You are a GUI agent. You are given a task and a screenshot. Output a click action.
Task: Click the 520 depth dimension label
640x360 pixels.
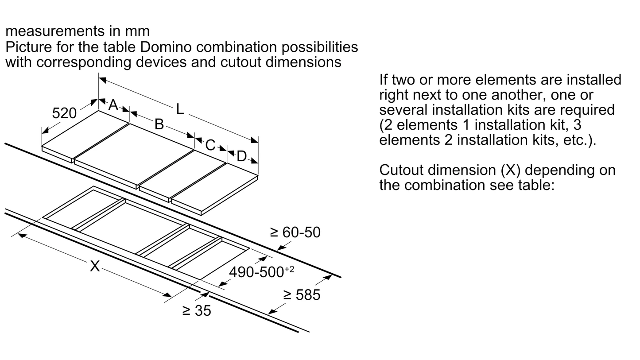coord(64,113)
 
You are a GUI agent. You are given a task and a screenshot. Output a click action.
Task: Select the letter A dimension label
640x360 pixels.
coord(113,105)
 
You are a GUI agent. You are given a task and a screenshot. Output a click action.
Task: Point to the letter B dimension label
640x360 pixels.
coord(159,124)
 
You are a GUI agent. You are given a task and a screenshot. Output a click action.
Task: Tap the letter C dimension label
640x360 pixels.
coord(210,145)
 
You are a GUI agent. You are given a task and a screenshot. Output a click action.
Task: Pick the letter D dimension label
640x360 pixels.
coord(241,156)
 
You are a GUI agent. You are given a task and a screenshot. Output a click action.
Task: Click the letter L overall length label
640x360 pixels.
coord(179,109)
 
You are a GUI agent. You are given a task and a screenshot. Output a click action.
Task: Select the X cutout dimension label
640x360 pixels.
coord(95,266)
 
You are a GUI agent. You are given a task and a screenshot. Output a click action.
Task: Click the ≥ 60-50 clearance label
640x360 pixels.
coord(295,232)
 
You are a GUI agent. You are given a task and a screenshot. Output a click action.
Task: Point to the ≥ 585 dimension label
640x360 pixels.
coord(302,295)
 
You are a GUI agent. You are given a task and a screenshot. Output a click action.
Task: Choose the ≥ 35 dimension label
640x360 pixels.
coord(197,311)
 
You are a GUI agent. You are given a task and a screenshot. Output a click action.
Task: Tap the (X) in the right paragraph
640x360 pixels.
coord(511,170)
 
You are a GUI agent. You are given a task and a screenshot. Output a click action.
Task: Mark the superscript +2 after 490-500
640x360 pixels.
coord(289,269)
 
